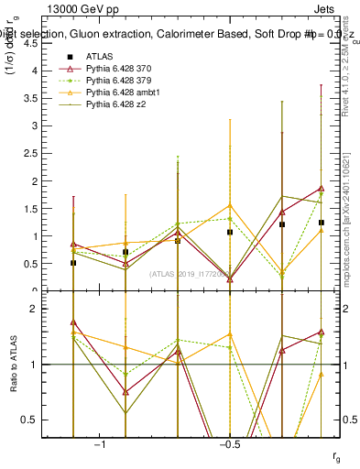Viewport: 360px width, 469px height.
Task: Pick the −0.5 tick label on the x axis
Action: click(229, 445)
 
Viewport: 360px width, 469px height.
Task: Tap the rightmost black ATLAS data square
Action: click(322, 223)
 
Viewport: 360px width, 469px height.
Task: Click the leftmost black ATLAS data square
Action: click(73, 263)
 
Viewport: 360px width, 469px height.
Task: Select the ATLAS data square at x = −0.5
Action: click(230, 232)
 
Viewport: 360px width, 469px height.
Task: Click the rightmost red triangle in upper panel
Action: click(322, 189)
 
